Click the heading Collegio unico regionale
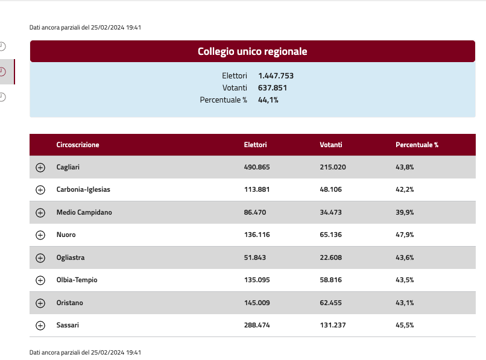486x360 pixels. coord(252,51)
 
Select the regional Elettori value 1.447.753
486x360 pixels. coord(276,75)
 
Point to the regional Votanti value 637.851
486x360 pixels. coord(273,88)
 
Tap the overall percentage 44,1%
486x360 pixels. coord(268,100)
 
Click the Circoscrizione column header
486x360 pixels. coord(78,145)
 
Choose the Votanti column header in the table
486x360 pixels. coord(330,145)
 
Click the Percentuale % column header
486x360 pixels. coord(417,145)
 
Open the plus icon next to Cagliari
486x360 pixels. coord(40,168)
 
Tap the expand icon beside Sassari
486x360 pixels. coord(40,326)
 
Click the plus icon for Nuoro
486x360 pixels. coord(40,235)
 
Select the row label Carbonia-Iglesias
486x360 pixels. coord(83,189)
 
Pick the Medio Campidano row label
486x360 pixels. coord(84,212)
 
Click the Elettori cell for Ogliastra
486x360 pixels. coord(255,257)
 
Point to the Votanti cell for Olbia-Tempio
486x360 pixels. coord(330,280)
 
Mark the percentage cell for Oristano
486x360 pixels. coord(405,303)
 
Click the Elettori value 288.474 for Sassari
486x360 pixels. coord(257,325)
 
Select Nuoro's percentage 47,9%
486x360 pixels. coord(405,235)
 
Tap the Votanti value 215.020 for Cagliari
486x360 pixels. coord(333,167)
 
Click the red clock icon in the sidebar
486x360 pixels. coord(2,72)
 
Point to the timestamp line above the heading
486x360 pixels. coord(85,27)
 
